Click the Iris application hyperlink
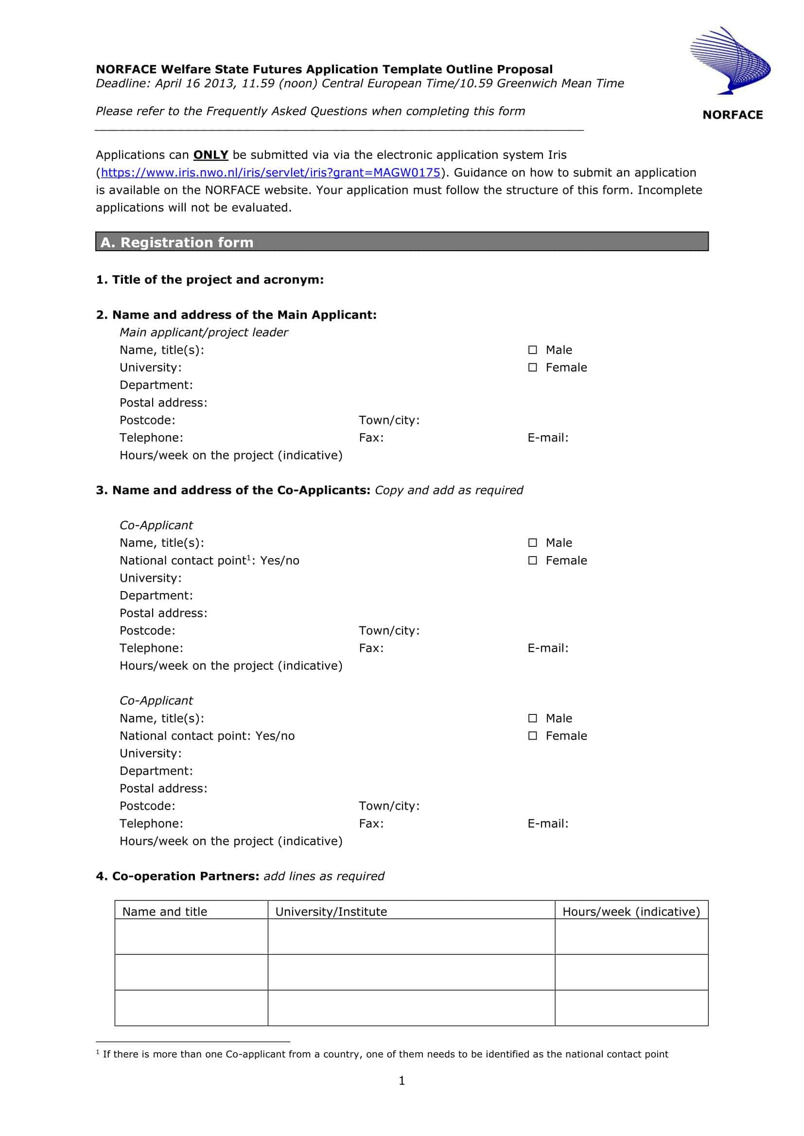(270, 173)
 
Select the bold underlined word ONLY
(210, 155)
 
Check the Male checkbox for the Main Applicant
(532, 350)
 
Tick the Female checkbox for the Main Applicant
(532, 367)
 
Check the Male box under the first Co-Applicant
(532, 543)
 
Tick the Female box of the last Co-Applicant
(532, 736)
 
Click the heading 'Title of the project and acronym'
(210, 280)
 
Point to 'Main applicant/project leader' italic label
(204, 333)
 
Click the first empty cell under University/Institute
(411, 936)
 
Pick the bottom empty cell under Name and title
(191, 1008)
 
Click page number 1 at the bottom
(402, 1081)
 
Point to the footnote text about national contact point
(385, 1054)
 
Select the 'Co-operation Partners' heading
(178, 876)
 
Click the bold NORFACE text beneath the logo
(732, 115)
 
